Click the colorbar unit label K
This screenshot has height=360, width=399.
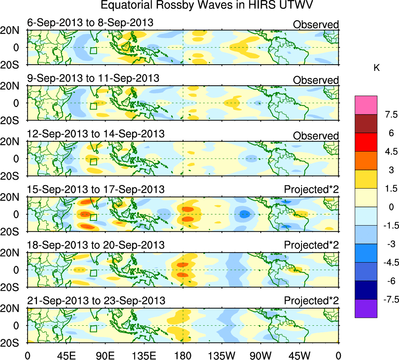(377, 68)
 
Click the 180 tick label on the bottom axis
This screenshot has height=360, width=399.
(183, 355)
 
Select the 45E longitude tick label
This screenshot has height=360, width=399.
(66, 355)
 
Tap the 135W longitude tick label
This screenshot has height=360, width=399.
(222, 355)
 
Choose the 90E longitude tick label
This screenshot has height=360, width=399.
(105, 355)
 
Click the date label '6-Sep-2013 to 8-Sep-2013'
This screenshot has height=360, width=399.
(90, 23)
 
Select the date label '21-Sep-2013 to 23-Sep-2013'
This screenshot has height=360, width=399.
(96, 301)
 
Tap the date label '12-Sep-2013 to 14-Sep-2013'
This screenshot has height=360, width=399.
(96, 134)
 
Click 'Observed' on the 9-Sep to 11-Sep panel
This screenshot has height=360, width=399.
(316, 80)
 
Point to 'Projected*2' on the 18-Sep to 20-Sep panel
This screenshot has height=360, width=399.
(311, 245)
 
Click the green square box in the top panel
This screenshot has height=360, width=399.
(93, 50)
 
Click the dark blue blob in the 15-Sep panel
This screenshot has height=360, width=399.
(244, 214)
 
